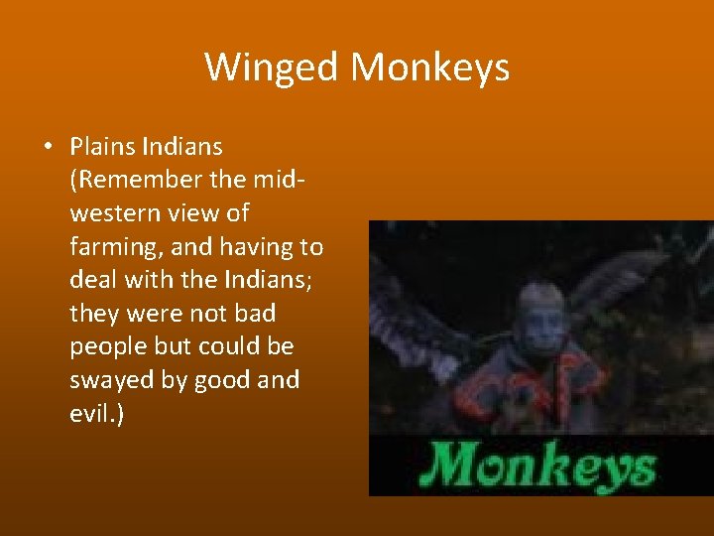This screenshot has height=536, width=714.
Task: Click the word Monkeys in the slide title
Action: click(x=430, y=67)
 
